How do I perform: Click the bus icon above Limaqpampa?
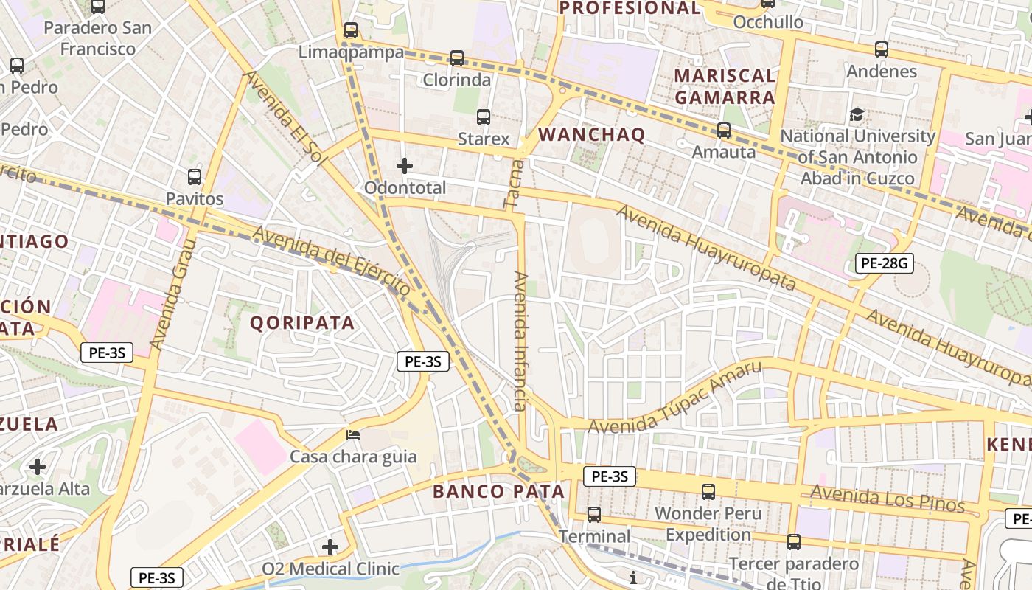tap(351, 30)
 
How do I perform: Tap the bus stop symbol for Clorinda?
tap(457, 58)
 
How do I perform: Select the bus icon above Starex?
tap(484, 117)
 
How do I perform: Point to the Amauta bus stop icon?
tap(724, 130)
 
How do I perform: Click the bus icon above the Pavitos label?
tap(195, 177)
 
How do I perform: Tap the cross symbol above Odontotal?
tap(405, 166)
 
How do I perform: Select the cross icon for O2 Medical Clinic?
tap(330, 546)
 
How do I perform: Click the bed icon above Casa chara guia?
tap(353, 434)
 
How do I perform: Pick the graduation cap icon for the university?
tap(857, 114)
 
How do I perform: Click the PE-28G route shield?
tap(884, 263)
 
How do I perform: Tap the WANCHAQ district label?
tap(592, 134)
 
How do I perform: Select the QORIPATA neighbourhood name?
tap(302, 322)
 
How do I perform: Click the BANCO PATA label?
tap(498, 491)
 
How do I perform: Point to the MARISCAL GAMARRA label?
tap(725, 86)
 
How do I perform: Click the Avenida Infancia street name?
tap(520, 341)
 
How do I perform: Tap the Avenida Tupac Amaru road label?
tap(674, 398)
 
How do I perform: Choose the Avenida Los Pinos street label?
tap(888, 499)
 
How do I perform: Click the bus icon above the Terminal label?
tap(594, 514)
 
